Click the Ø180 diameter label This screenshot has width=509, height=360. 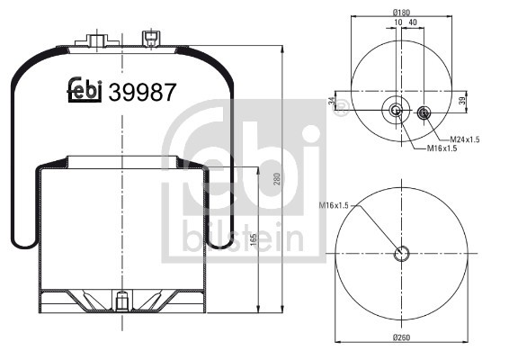point(401,13)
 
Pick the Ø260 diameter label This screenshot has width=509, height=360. point(402,337)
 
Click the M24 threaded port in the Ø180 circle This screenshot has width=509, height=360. point(424,112)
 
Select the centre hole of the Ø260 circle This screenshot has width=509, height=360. point(402,252)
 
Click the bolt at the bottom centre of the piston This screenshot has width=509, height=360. point(120,300)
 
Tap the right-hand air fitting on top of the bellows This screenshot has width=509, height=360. point(150,38)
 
